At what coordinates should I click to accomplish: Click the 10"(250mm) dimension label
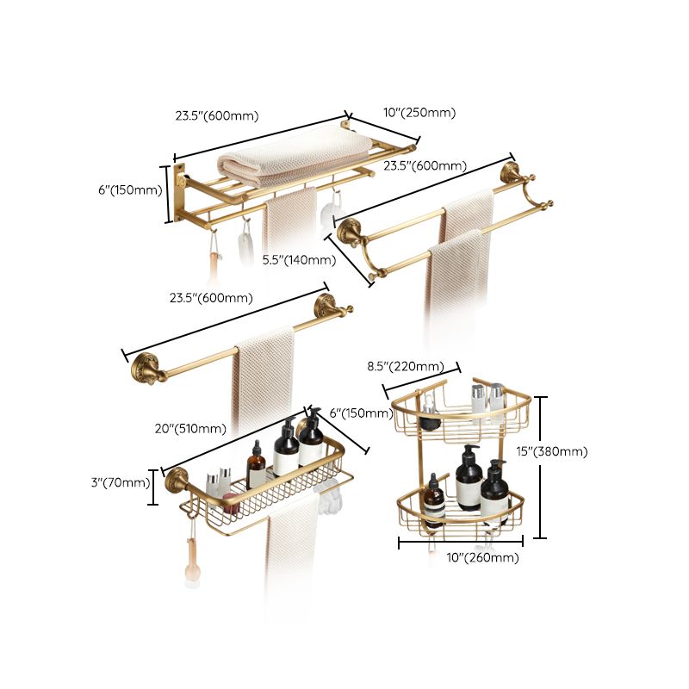point(419,113)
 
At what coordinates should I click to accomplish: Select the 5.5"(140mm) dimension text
point(299,259)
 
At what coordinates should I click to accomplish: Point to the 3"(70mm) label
point(120,482)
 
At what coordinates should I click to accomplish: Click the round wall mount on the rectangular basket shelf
point(177,481)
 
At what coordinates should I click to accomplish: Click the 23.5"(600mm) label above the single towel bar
point(211,298)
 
